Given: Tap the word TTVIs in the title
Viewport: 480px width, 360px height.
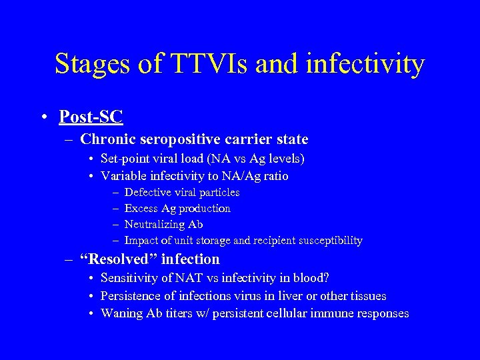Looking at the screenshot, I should (x=207, y=64).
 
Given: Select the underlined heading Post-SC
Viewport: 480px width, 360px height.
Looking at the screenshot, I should (x=91, y=117).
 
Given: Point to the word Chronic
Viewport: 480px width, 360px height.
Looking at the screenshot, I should (x=105, y=139).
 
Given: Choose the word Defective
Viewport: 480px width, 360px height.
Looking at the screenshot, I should (x=149, y=193).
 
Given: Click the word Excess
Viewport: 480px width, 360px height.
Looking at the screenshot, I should (x=141, y=209).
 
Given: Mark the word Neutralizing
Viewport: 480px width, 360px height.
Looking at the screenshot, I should (x=155, y=225).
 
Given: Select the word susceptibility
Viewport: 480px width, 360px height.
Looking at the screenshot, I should (x=330, y=241).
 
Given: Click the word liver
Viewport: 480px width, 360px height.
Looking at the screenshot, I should (x=270, y=296).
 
